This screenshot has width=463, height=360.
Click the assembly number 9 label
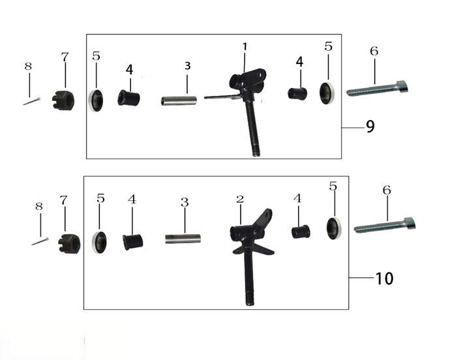(x=370, y=127)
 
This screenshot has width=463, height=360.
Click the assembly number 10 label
(x=384, y=278)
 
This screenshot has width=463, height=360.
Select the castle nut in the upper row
(x=63, y=100)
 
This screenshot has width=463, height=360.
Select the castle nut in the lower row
(x=69, y=243)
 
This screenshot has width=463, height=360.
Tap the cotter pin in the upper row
(x=32, y=101)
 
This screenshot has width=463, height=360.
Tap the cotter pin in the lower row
(x=40, y=241)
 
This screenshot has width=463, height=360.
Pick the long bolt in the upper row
(x=378, y=88)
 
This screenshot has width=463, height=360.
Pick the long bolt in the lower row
(x=385, y=226)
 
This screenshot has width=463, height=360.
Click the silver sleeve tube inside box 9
(x=179, y=100)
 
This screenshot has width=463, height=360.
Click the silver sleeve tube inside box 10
(x=183, y=239)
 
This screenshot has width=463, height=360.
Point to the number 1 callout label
(x=245, y=47)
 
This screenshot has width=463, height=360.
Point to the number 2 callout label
(x=240, y=200)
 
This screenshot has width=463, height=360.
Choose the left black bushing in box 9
(x=128, y=98)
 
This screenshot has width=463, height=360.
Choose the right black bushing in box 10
(x=301, y=232)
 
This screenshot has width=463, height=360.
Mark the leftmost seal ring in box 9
(x=96, y=100)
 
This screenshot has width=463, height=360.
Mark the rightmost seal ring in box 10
(x=335, y=228)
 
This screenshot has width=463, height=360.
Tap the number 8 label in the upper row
(x=28, y=66)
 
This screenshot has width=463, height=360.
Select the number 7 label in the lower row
(x=64, y=200)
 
